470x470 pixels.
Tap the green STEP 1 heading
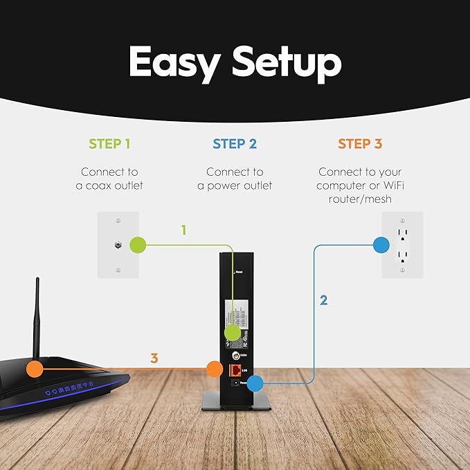pyautogui.click(x=109, y=144)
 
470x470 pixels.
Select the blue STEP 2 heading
pyautogui.click(x=235, y=144)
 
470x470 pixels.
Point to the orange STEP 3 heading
pyautogui.click(x=359, y=144)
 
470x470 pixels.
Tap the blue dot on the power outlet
pyautogui.click(x=381, y=244)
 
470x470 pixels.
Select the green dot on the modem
pyautogui.click(x=233, y=332)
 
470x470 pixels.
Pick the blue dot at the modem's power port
pyautogui.click(x=255, y=382)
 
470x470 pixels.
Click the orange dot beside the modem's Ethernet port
pyautogui.click(x=213, y=368)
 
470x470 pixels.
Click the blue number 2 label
pyautogui.click(x=323, y=300)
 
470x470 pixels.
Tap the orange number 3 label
pyautogui.click(x=154, y=359)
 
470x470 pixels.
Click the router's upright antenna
pyautogui.click(x=37, y=318)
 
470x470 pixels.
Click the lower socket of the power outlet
pyautogui.click(x=402, y=255)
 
